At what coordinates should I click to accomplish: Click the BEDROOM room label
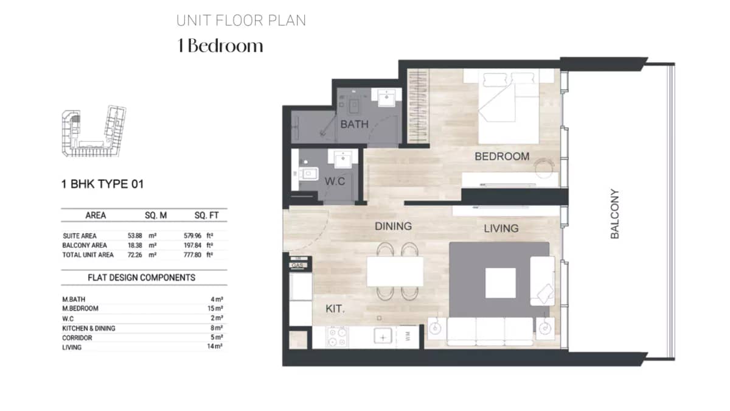pyautogui.click(x=502, y=156)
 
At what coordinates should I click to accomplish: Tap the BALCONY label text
pyautogui.click(x=615, y=214)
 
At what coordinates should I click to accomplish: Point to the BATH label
pyautogui.click(x=354, y=125)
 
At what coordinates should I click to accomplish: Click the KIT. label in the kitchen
pyautogui.click(x=335, y=309)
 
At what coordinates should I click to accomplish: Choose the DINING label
pyautogui.click(x=393, y=226)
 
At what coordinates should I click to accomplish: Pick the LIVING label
pyautogui.click(x=501, y=228)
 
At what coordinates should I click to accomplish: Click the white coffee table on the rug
pyautogui.click(x=500, y=283)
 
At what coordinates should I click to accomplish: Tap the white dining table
pyautogui.click(x=395, y=271)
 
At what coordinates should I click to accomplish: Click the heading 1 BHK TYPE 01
pyautogui.click(x=102, y=184)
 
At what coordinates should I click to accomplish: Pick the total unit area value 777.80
pyautogui.click(x=193, y=255)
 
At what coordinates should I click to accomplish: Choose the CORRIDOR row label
pyautogui.click(x=77, y=338)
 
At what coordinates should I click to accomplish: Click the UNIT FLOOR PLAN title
pyautogui.click(x=241, y=21)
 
